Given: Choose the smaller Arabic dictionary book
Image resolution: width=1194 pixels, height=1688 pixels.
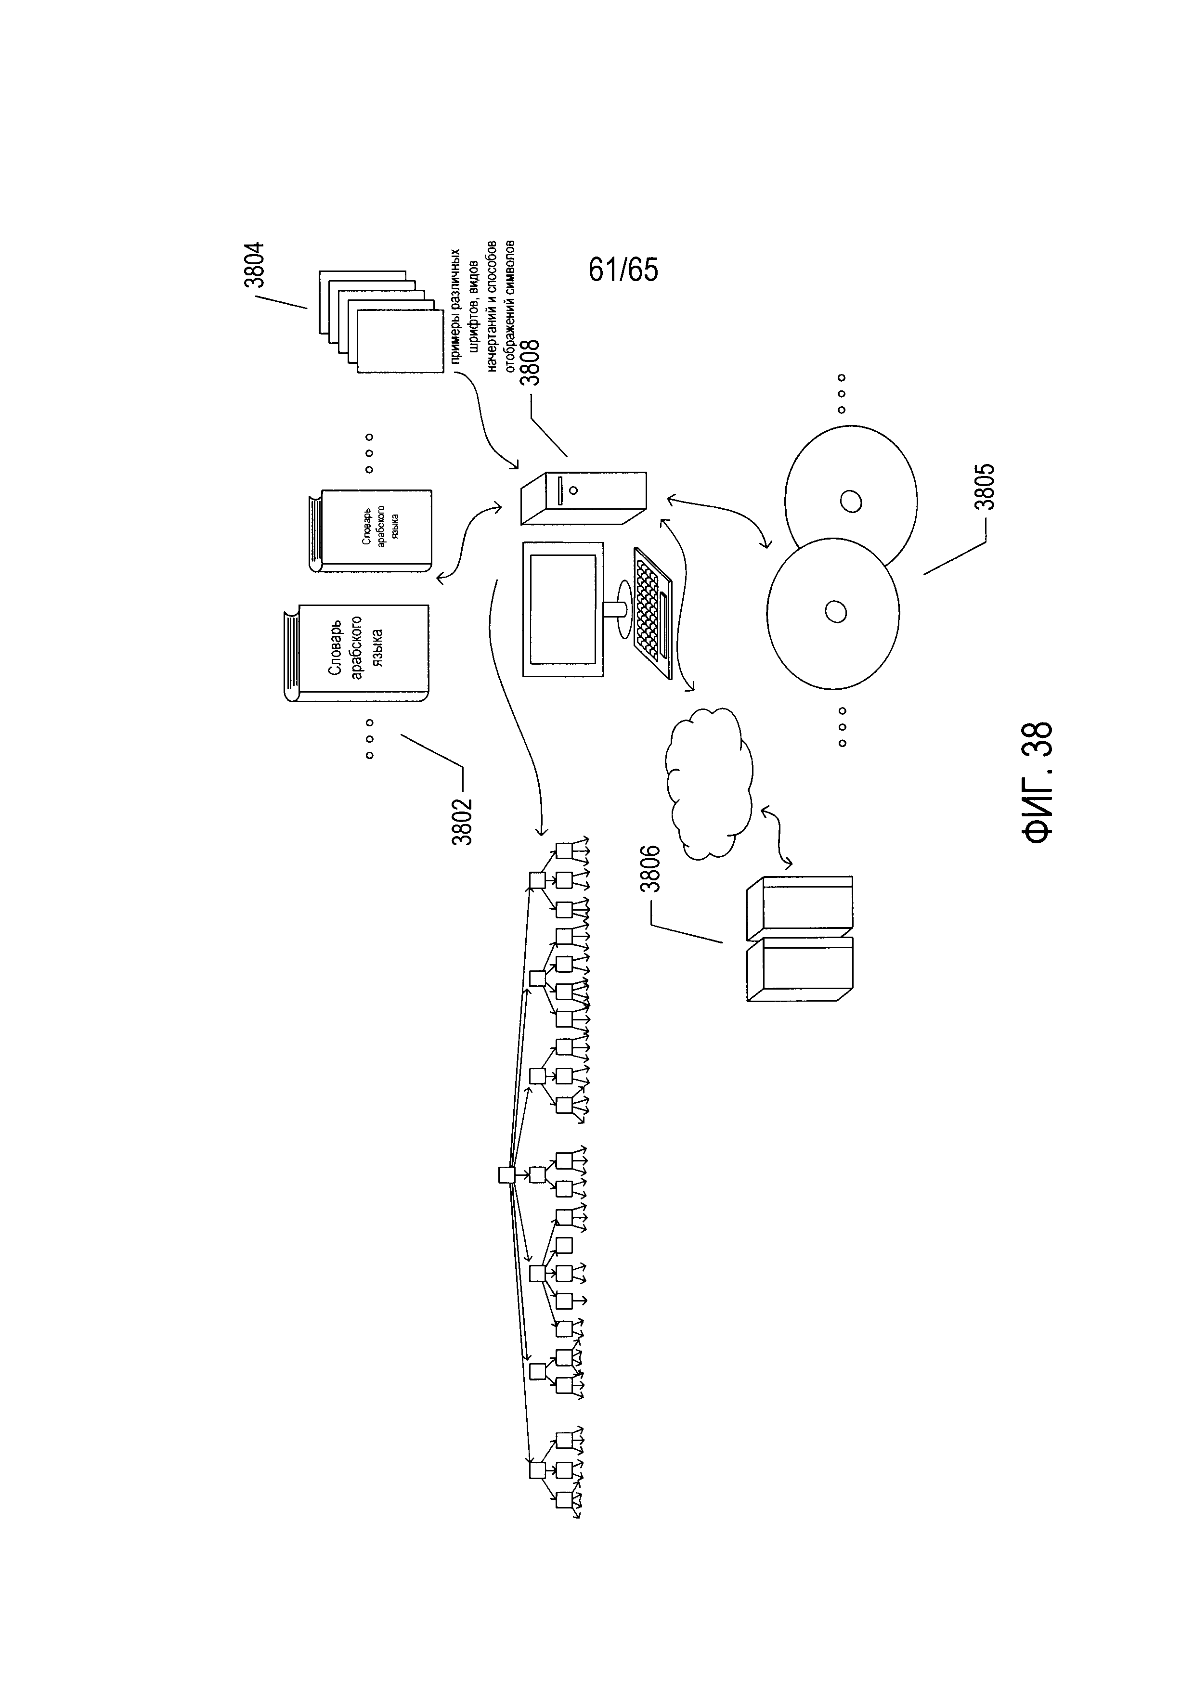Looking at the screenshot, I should point(371,530).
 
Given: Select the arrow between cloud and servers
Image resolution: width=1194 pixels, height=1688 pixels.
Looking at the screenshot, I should point(776,835).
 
